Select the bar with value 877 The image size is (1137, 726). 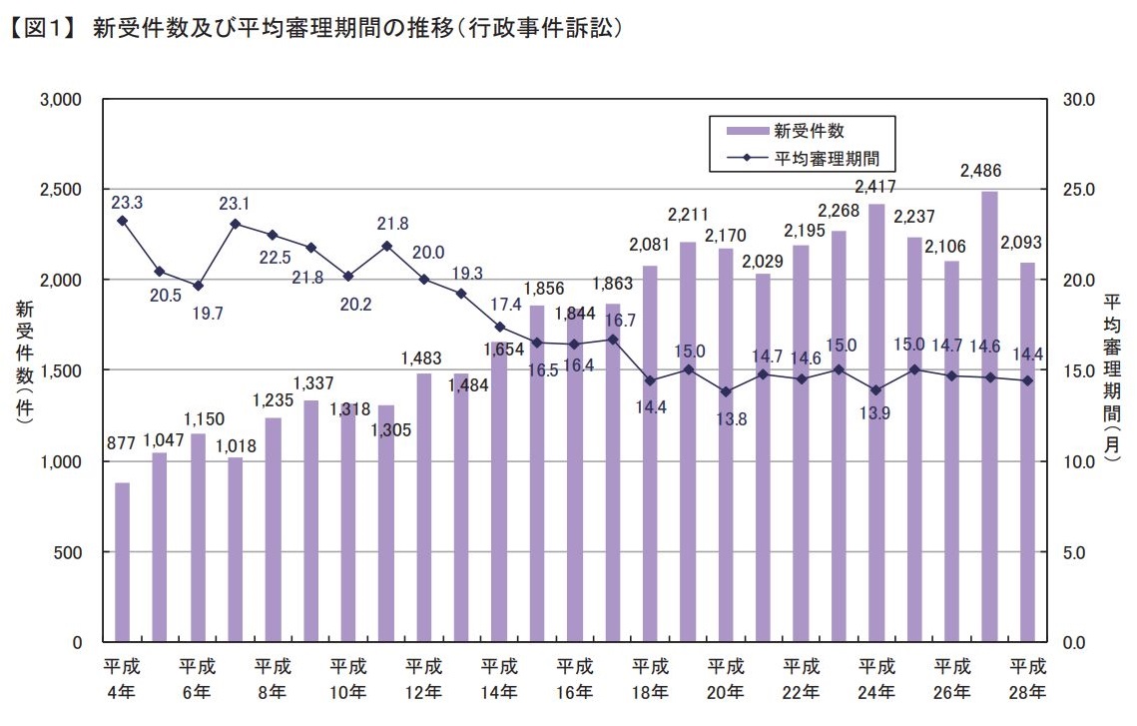pos(122,561)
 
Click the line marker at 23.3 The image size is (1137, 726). pos(122,221)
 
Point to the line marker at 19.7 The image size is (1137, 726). pos(198,286)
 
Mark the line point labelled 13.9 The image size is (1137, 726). pos(876,390)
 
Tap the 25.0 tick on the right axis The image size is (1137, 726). pos(1082,190)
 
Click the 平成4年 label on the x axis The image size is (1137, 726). pos(122,678)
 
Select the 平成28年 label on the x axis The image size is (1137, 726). pos(1027,678)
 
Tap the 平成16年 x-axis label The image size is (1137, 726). pos(575,678)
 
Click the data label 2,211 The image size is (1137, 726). pos(688,214)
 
